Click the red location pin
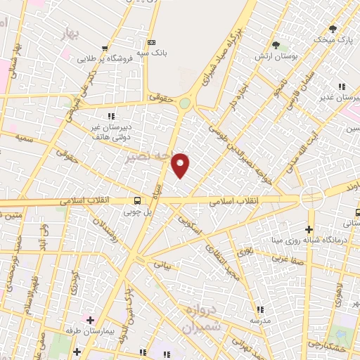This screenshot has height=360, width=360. click(181, 165)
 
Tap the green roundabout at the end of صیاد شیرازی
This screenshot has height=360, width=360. click(184, 103)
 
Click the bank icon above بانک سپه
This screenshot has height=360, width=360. click(150, 41)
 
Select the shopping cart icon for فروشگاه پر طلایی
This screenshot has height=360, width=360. click(105, 49)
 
